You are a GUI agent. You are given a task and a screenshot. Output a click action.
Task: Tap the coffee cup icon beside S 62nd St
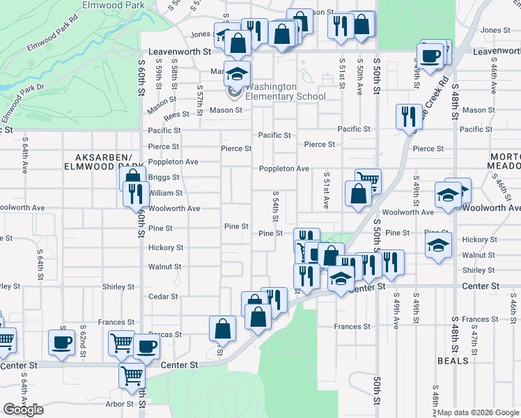(x=61, y=342)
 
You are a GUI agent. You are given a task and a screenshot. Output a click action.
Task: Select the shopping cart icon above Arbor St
(x=132, y=376)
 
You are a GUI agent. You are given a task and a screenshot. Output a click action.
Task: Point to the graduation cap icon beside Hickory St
(x=438, y=245)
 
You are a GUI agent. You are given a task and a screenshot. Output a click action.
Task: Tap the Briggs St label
(x=165, y=177)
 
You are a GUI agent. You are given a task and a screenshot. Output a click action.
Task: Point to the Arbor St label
(x=119, y=404)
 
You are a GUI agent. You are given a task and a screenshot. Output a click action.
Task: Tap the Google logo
(x=24, y=410)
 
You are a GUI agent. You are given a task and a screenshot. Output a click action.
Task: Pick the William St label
(x=165, y=193)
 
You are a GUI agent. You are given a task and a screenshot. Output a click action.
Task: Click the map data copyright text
(x=478, y=412)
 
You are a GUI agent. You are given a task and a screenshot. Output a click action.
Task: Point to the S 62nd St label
(x=83, y=338)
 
